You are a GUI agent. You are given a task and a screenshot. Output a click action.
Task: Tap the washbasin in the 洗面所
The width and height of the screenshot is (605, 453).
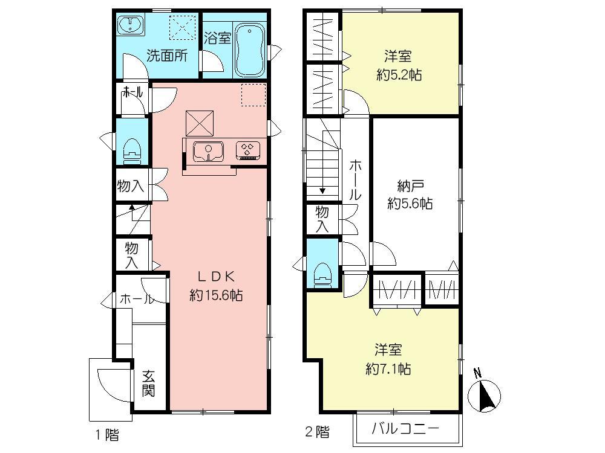tap(131, 26)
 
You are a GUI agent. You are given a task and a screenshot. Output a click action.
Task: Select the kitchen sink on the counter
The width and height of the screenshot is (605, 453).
tap(208, 150)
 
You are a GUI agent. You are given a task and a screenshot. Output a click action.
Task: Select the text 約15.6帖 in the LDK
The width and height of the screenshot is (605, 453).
tap(216, 295)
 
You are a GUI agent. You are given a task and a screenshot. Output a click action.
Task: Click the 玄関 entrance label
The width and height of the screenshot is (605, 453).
tap(149, 383)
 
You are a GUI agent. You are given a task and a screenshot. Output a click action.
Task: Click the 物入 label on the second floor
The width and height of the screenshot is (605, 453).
tap(322, 218)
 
